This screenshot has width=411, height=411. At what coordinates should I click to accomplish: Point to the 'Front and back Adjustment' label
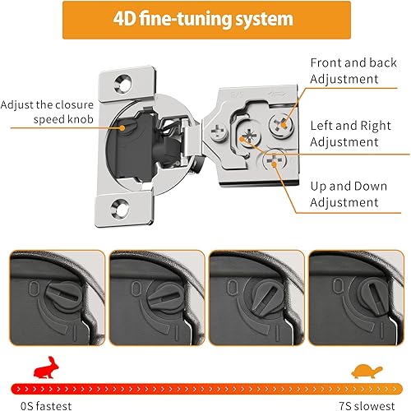pyautogui.click(x=353, y=71)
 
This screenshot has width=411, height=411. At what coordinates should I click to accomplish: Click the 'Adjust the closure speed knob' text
pyautogui.click(x=48, y=111)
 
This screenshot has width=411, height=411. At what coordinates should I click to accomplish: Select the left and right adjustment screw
pyautogui.click(x=248, y=136)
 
